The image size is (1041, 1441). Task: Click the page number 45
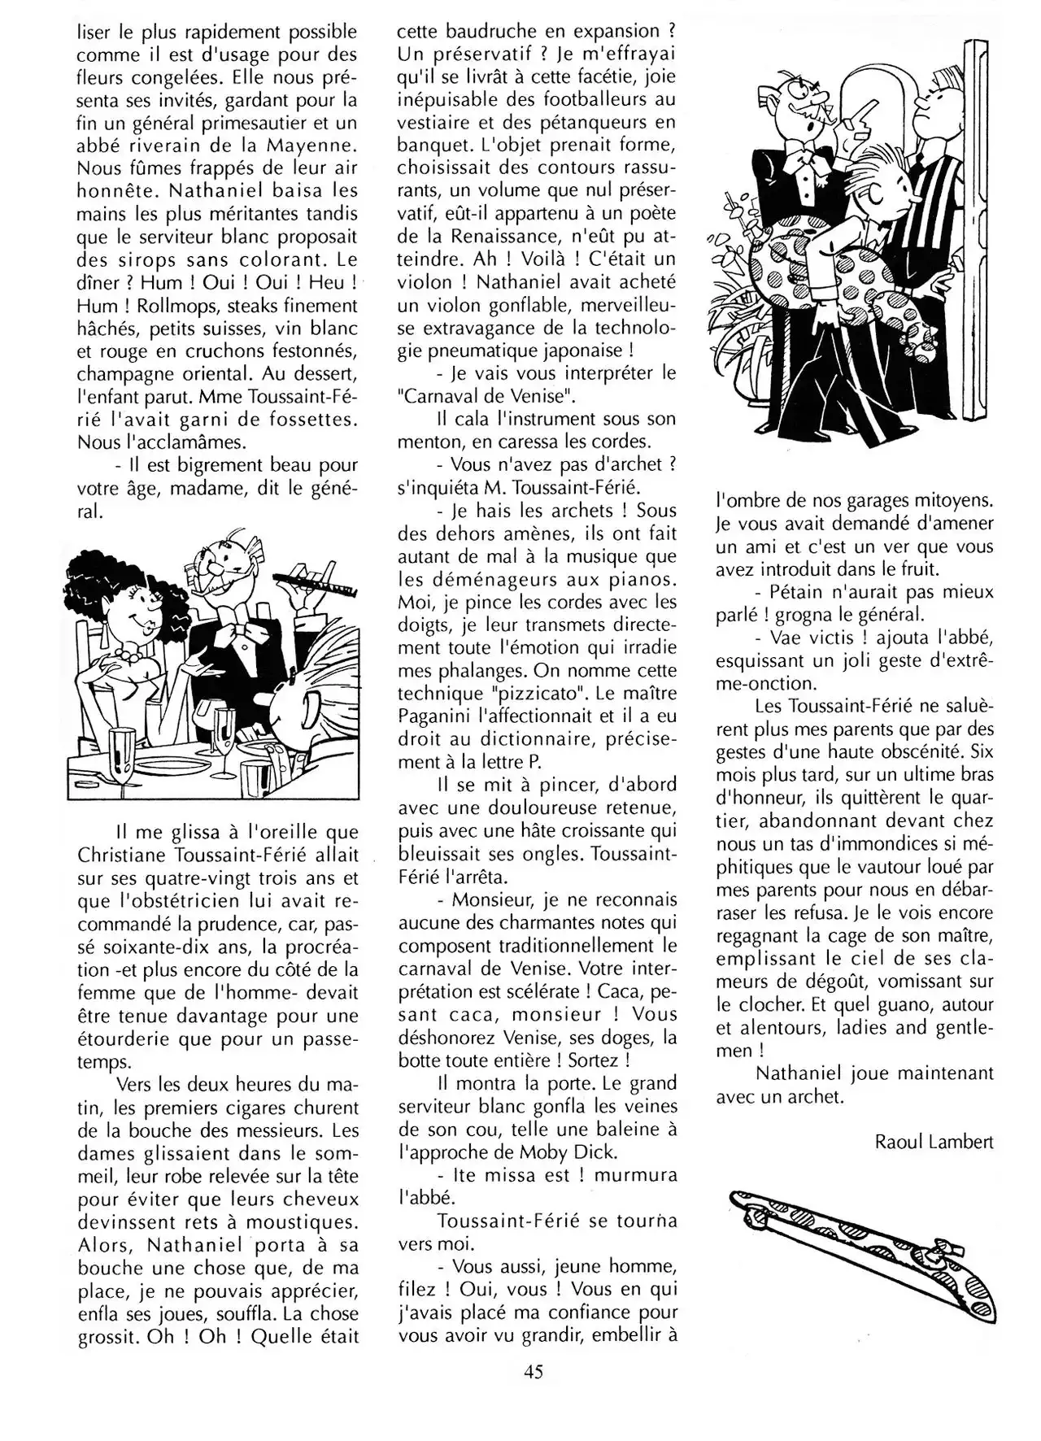(x=533, y=1372)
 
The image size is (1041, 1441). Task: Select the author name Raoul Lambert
(x=934, y=1142)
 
